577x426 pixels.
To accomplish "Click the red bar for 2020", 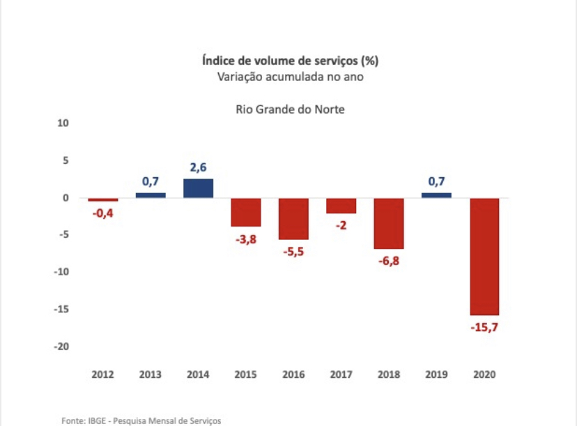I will coord(484,257).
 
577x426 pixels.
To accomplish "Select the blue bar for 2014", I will coord(198,188).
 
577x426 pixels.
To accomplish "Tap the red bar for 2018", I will coord(389,223).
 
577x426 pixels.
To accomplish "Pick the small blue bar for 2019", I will coord(436,195).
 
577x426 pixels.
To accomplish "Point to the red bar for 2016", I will coord(293,219).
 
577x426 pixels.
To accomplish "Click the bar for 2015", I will coord(246,212).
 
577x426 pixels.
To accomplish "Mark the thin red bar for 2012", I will coord(103,200).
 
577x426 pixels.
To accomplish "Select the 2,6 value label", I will coord(198,167).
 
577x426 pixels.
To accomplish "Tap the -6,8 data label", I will coord(389,261).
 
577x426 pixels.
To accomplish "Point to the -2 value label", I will coord(341,225).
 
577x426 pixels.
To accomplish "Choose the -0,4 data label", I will coord(102,213).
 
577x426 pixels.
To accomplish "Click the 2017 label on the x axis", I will coord(341,374).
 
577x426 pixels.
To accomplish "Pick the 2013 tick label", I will coord(151,374).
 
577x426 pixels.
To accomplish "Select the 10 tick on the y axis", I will coord(63,123).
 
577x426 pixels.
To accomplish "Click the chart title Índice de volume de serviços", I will coord(289,61).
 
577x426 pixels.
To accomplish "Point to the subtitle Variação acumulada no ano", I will coord(289,77).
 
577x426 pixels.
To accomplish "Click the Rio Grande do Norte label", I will coord(289,109).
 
